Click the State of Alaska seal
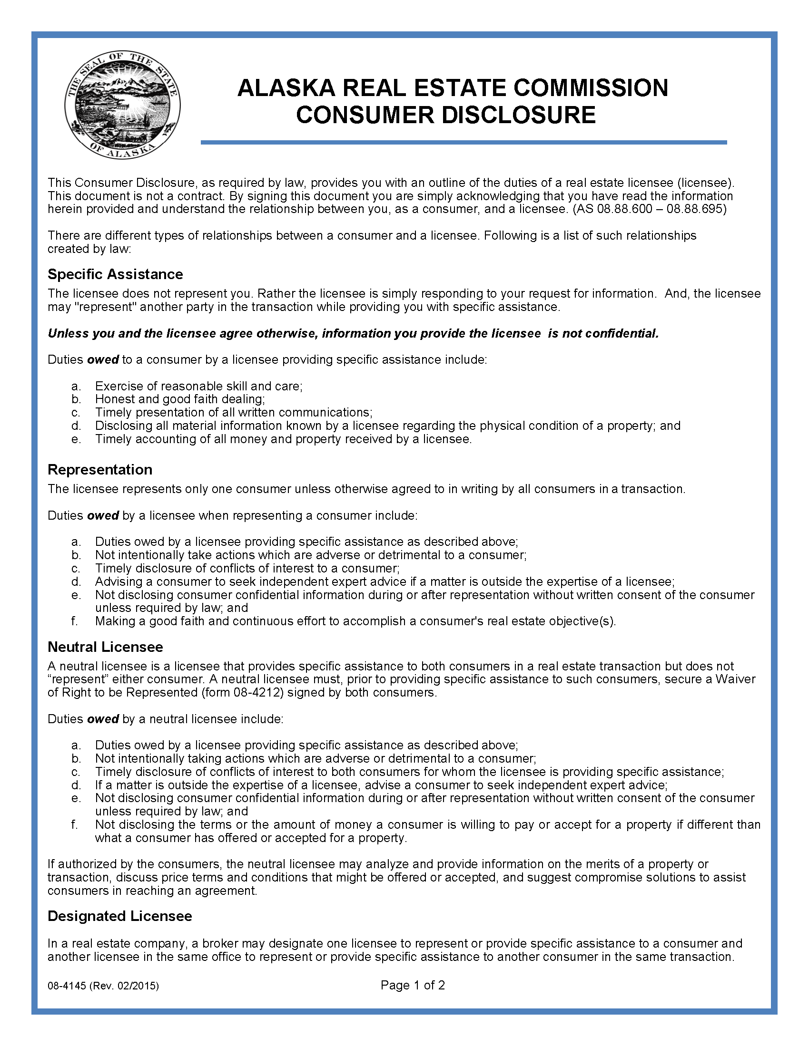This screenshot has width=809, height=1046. click(122, 105)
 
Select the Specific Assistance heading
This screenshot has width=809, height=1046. click(115, 274)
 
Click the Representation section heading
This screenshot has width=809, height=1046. click(99, 469)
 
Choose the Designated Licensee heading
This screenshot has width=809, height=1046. click(119, 916)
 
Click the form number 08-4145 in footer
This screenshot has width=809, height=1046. click(67, 986)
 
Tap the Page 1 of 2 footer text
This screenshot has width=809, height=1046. click(412, 985)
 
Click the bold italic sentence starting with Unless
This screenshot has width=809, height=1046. click(353, 333)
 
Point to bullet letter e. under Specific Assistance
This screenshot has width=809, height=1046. click(76, 439)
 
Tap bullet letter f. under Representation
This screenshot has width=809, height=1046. click(74, 621)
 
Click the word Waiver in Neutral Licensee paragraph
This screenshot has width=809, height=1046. click(735, 679)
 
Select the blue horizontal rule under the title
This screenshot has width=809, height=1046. click(463, 142)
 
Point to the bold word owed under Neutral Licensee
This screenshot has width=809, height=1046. click(103, 719)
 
